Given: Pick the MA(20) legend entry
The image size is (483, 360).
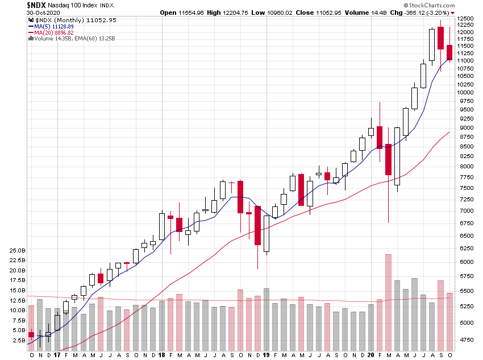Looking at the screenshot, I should click(x=50, y=32).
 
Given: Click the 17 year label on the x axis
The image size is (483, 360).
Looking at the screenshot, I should click(x=57, y=355).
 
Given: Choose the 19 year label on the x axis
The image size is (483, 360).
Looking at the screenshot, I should click(x=266, y=355).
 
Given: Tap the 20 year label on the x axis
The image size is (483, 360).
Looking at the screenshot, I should click(x=370, y=355).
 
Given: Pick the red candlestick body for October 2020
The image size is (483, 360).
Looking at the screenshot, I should click(x=449, y=52).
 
